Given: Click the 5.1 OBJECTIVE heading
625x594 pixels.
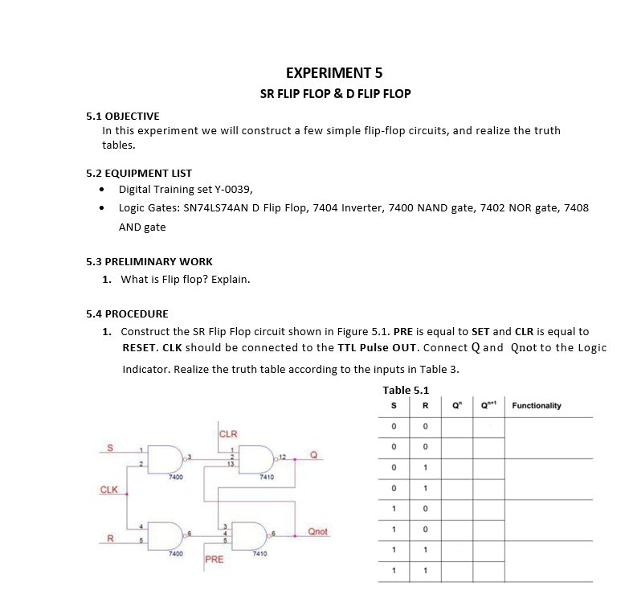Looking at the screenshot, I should (x=122, y=117).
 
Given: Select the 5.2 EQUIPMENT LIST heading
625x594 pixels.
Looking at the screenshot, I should (x=138, y=173).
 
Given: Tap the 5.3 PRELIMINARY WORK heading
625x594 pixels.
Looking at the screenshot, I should (x=149, y=261).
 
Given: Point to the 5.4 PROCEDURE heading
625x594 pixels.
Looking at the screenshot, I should (x=127, y=313).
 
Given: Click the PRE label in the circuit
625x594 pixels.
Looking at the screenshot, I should (x=214, y=559).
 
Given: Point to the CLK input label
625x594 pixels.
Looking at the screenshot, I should (x=108, y=490).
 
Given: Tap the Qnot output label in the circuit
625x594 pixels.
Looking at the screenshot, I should (x=318, y=532).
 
